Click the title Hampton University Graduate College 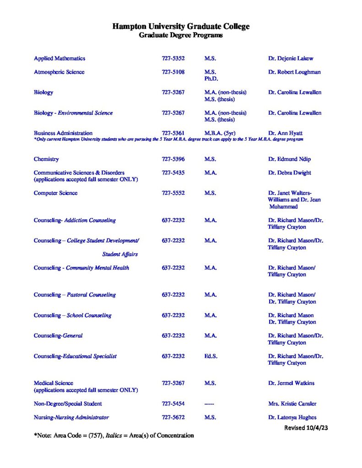pyautogui.click(x=181, y=27)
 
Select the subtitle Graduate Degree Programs pyautogui.click(x=181, y=35)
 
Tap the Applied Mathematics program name pyautogui.click(x=59, y=58)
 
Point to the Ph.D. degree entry pyautogui.click(x=211, y=79)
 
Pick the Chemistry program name pyautogui.click(x=46, y=159)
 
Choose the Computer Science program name pyautogui.click(x=55, y=193)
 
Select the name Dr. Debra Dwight pyautogui.click(x=290, y=173)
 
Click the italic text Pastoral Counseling pyautogui.click(x=91, y=295)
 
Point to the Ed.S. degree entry pyautogui.click(x=211, y=356)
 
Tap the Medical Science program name pyautogui.click(x=54, y=383)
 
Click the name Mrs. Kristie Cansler pyautogui.click(x=292, y=404)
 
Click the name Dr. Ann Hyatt pyautogui.click(x=285, y=133)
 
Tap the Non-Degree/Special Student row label pyautogui.click(x=68, y=404)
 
